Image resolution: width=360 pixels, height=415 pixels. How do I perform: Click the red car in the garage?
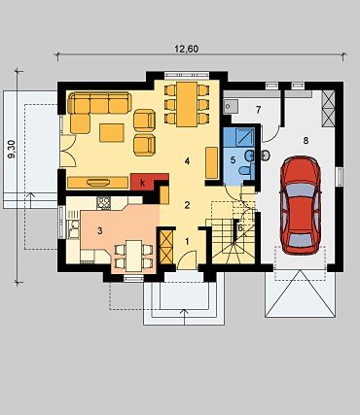point(301,205)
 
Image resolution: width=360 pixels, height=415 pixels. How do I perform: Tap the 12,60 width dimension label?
point(186,49)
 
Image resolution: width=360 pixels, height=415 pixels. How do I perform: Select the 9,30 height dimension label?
point(12,151)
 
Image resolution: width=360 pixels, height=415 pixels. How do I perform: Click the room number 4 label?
point(187,161)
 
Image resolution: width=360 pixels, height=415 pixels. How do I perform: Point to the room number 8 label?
point(306,141)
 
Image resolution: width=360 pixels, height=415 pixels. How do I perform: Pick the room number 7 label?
point(258,110)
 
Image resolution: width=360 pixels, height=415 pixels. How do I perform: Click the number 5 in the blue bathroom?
point(233,159)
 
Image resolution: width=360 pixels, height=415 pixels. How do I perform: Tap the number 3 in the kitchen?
point(100,231)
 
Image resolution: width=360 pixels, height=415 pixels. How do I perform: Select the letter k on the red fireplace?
point(142,183)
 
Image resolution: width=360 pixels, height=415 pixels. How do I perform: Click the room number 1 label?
point(187,241)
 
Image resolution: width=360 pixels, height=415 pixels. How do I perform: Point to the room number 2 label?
point(187,205)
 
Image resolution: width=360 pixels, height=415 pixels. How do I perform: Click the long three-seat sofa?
point(99,103)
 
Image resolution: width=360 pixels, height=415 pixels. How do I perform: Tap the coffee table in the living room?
point(112,133)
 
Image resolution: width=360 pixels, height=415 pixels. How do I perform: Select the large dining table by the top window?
point(187,104)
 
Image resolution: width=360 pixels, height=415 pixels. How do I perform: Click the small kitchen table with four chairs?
point(134,256)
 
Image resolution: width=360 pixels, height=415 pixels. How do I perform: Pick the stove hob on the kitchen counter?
point(104,203)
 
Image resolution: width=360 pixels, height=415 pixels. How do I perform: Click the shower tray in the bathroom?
point(238,137)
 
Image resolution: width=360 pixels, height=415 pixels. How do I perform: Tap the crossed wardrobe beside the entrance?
point(166,247)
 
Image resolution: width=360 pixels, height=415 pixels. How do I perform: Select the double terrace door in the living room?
point(68,152)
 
